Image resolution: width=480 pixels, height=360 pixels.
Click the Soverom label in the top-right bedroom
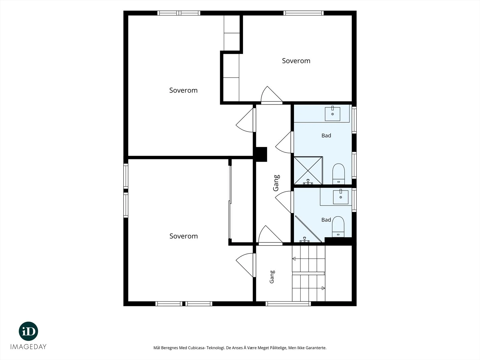tap(296, 61)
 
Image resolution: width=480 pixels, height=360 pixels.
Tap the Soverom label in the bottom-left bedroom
tap(184, 236)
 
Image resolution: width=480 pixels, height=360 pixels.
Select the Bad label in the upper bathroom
tap(326, 136)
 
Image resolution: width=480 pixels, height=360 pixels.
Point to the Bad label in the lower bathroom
tap(326, 220)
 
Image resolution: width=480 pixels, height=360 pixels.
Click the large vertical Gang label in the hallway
tap(276, 183)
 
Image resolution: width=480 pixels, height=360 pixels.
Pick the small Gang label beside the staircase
tap(272, 277)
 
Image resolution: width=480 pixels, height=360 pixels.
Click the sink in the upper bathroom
tap(332, 114)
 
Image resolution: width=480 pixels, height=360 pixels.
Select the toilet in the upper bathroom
tap(338, 174)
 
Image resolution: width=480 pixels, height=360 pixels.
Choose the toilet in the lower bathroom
tap(338, 227)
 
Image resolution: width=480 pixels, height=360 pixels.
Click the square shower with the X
tap(308, 170)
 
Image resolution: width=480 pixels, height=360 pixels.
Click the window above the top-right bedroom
tap(304, 13)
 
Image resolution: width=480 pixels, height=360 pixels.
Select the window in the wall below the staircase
tap(288, 304)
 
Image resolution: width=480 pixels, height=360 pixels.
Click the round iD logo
tap(28, 331)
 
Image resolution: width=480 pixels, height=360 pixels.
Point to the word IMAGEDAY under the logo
tap(28, 347)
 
